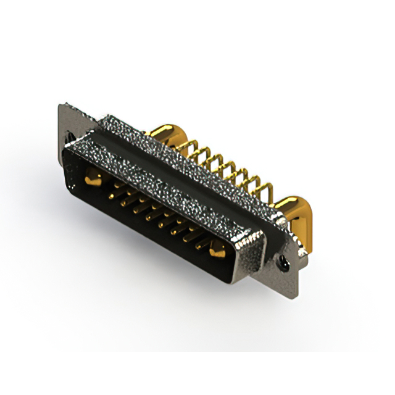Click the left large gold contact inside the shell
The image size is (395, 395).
(x=93, y=180)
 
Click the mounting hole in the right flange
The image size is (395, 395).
(x=286, y=264)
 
